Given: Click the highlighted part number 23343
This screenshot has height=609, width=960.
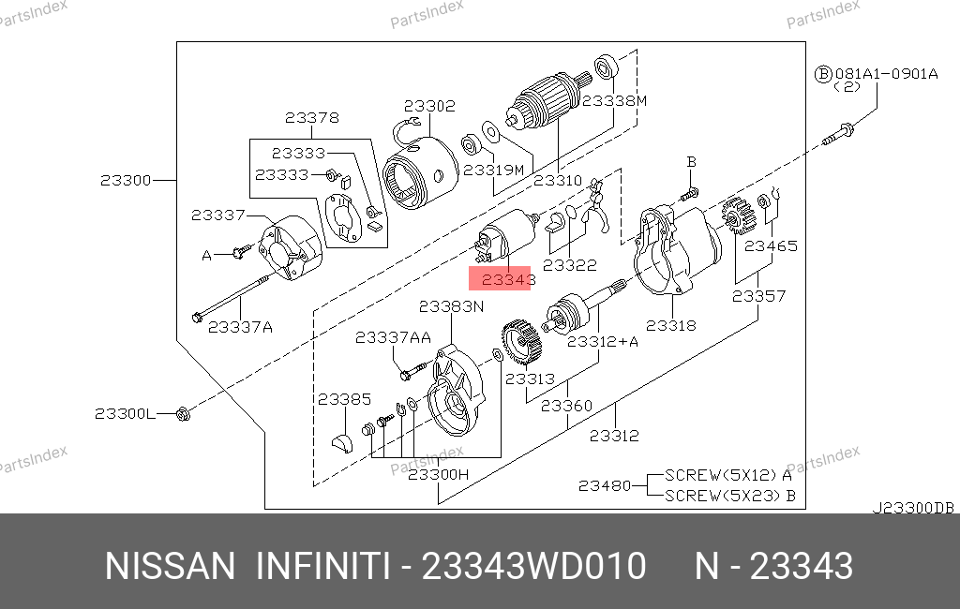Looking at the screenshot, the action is click(x=508, y=280).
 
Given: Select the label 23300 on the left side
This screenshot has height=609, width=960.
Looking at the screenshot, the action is click(x=126, y=181).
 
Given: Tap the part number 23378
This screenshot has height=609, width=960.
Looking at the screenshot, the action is click(x=311, y=117).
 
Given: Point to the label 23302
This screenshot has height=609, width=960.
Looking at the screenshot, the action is click(x=429, y=106).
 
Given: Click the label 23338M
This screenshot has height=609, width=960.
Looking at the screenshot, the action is click(x=614, y=100).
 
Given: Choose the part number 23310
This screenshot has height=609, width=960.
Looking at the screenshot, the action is click(x=557, y=181).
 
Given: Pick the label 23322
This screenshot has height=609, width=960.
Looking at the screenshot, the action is click(x=569, y=265).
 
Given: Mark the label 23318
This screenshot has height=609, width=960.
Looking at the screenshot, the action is click(x=671, y=326).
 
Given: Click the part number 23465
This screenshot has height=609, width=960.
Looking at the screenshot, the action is click(x=771, y=246).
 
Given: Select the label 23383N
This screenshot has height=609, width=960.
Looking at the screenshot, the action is click(x=451, y=306).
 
